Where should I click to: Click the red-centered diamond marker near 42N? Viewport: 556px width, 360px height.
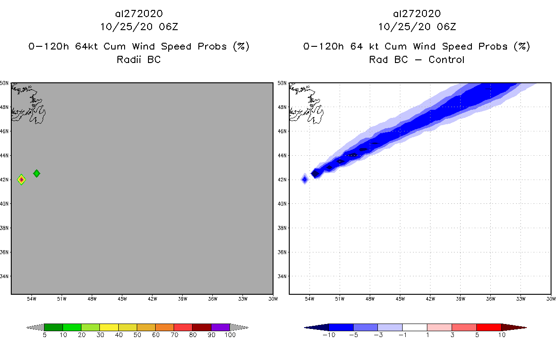21,180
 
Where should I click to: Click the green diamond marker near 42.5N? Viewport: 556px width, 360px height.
36,173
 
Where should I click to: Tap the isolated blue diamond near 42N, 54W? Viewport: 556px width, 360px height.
305,180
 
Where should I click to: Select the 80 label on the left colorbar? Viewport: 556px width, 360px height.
192,335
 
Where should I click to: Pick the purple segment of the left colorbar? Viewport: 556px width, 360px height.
220,327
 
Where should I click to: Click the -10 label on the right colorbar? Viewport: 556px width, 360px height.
328,335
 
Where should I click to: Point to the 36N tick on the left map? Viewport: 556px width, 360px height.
5,252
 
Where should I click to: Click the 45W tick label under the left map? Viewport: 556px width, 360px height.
122,298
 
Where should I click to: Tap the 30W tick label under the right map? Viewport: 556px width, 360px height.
551,298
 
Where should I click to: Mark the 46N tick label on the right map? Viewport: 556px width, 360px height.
282,131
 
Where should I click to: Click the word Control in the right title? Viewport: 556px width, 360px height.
446,59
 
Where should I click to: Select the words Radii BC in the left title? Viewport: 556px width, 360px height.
139,59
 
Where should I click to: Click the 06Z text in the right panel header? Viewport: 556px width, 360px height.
446,27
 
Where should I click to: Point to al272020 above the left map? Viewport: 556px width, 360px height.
139,14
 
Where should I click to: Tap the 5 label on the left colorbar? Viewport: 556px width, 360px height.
45,335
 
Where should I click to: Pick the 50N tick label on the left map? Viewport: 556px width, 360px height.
5,83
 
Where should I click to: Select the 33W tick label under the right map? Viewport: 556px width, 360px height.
520,298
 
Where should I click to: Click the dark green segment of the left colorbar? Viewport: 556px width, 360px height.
54,327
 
